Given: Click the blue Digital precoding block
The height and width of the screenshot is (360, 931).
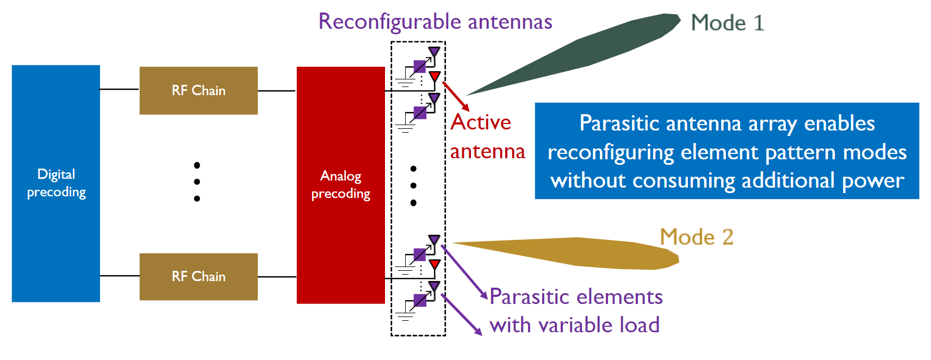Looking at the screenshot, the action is coord(55,183).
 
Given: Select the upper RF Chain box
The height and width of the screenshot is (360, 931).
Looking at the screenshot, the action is coord(198,91).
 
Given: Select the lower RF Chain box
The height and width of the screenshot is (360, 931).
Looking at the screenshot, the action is coord(198,276).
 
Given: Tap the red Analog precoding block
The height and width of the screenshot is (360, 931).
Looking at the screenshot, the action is coord(341,185).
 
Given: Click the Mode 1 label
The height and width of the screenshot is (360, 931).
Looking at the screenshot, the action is coord(728,22).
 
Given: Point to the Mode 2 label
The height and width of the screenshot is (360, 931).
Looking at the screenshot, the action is coord(697,237).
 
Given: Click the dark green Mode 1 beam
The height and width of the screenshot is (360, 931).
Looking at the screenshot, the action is coord(574,54).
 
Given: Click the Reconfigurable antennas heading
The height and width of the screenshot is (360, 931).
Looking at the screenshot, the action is coord(435,22).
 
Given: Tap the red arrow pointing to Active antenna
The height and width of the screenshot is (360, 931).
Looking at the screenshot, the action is coord(456,96).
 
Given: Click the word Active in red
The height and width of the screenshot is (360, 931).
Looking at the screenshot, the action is coord(481,122).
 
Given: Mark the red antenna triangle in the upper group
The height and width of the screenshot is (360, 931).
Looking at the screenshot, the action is coord(435,77).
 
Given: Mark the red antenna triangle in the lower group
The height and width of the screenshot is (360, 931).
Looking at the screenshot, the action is coord(435,264).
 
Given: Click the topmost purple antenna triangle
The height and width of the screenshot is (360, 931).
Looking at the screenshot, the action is coord(435,52).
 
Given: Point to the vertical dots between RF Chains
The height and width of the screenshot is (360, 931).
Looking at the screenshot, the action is coord(197,182).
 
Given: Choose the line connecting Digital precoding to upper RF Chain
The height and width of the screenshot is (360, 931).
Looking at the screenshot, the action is coord(120,89).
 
